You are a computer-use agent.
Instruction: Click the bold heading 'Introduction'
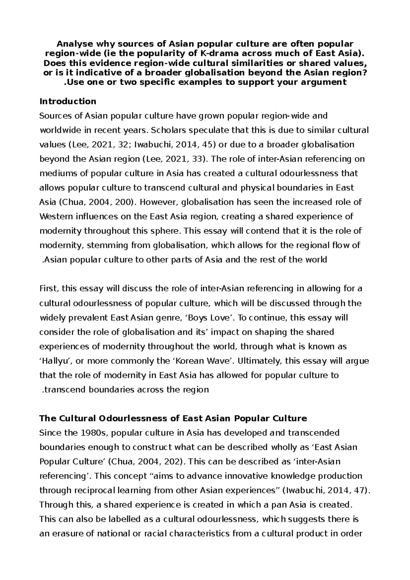point(68,101)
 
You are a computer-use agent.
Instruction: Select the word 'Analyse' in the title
point(71,44)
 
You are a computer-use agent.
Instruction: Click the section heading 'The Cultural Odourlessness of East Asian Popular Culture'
point(173,418)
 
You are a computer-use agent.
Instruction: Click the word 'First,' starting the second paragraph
point(50,289)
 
